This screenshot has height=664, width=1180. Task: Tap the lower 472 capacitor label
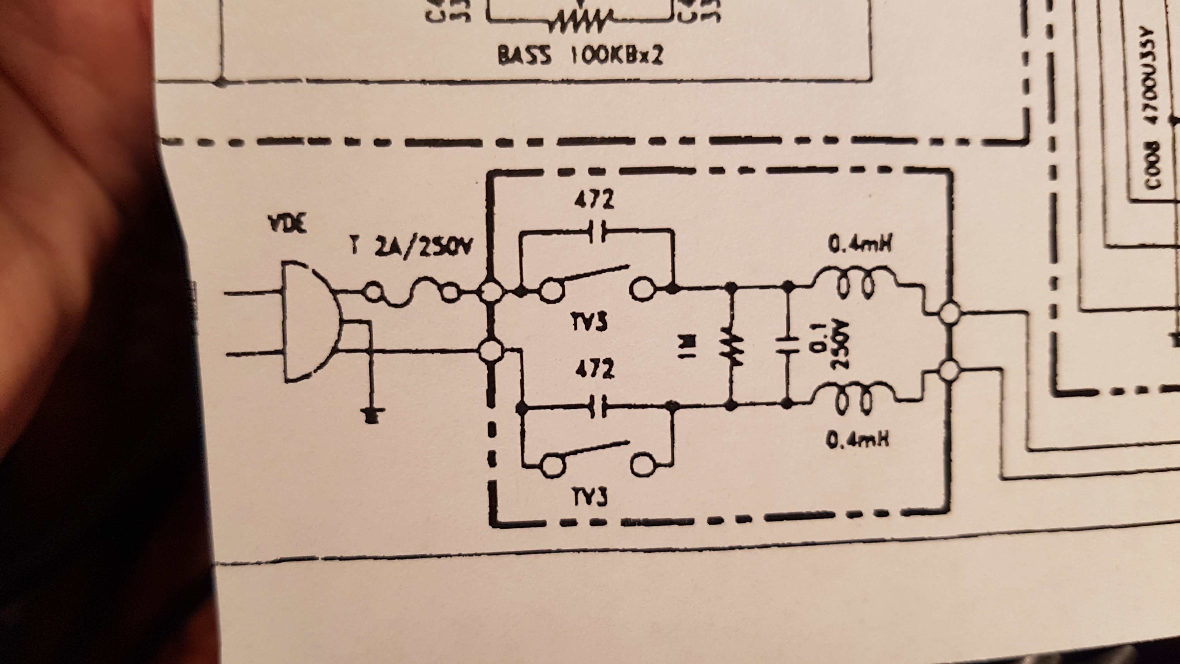[x=594, y=369]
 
